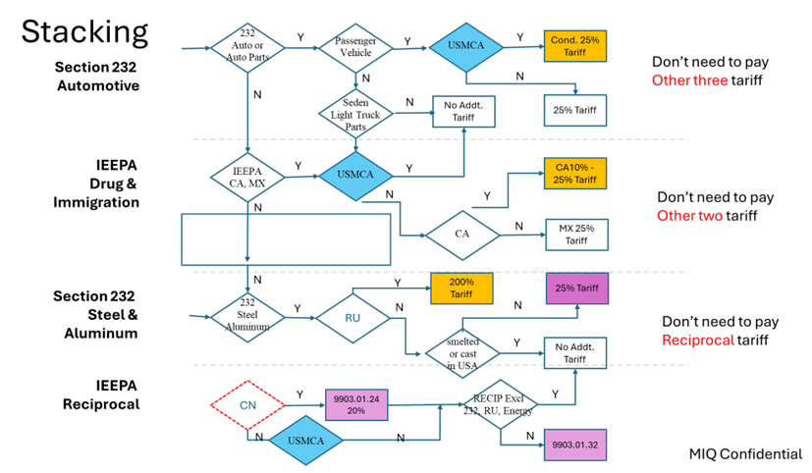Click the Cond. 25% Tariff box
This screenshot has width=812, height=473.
pos(575,45)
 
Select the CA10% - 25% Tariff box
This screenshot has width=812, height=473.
pos(575,174)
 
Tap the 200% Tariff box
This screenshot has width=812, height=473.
pos(461,289)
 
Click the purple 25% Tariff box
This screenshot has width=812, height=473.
pos(577,289)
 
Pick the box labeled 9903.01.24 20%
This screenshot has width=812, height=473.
pos(357,404)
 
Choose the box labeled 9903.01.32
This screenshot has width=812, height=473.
pos(575,444)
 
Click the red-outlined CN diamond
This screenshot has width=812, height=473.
pos(247,404)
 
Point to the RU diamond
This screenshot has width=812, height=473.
pos(352,319)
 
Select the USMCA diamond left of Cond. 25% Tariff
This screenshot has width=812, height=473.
pos(466,46)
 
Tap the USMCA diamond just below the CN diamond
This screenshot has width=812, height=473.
pos(305,441)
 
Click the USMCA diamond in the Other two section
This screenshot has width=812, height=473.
pos(355,176)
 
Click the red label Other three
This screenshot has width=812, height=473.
pos(690,80)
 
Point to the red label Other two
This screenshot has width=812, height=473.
pos(690,216)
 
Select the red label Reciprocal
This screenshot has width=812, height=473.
pos(698,340)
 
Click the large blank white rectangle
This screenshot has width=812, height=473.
pos(286,239)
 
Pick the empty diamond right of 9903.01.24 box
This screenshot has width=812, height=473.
pos(501,403)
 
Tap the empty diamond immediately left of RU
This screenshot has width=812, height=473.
pos(247,318)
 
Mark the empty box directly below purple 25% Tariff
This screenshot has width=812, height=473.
pos(575,353)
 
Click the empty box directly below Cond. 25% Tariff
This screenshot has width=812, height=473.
pos(575,110)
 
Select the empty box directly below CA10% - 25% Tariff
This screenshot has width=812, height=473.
pos(576,236)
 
